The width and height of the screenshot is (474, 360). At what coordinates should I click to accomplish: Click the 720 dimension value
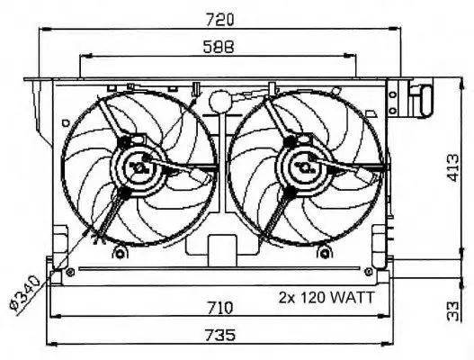click(219, 20)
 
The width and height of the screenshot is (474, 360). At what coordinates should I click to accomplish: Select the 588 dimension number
click(219, 47)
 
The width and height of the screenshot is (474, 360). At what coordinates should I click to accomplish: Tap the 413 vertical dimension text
click(453, 168)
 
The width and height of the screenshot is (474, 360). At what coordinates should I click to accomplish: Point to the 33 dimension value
click(452, 311)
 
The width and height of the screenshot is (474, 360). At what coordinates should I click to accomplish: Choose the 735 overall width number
click(219, 335)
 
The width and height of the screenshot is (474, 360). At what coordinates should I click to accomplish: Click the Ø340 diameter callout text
click(25, 292)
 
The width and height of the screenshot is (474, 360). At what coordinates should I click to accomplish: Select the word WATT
click(352, 298)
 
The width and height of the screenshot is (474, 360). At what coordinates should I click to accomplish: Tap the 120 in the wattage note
click(312, 298)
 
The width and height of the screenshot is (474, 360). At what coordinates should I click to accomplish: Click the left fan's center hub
click(139, 167)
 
